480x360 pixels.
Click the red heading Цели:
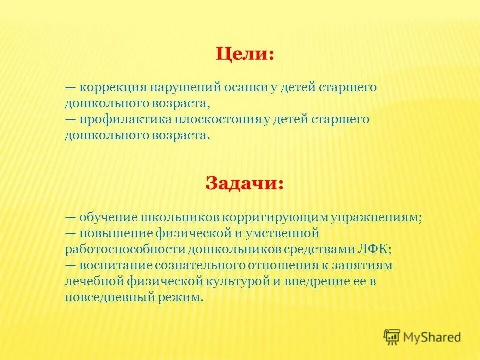[245, 53]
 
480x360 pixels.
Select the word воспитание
[113, 266]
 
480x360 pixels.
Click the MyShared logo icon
[392, 337]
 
